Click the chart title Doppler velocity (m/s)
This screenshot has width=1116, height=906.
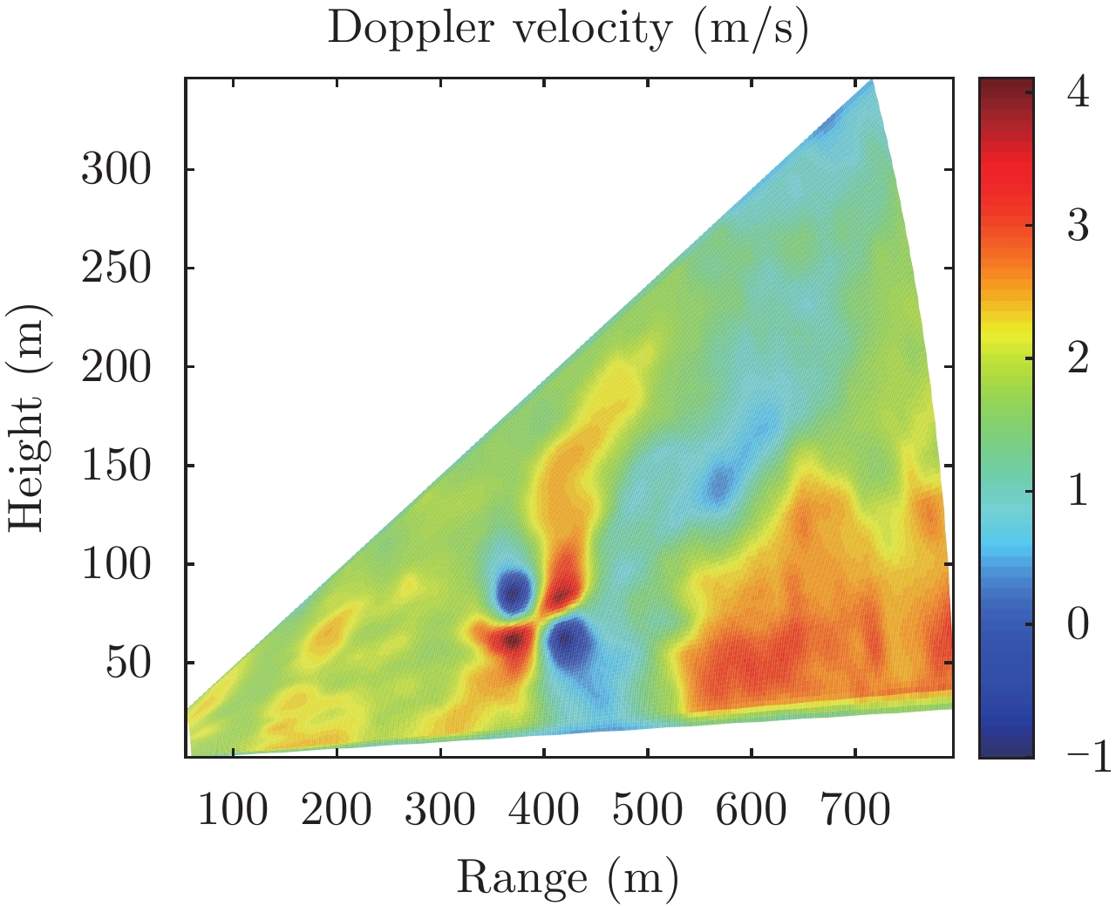click(x=568, y=29)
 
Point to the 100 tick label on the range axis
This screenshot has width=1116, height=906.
click(x=233, y=809)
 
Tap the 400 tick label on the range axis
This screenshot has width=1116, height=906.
click(x=543, y=809)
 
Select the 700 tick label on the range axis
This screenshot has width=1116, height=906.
click(x=854, y=809)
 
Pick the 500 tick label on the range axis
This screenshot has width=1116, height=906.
click(x=647, y=809)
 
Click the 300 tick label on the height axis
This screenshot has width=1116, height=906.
click(x=117, y=169)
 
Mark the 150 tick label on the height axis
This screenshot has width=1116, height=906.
click(x=117, y=466)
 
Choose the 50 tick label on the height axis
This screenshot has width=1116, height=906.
click(x=129, y=663)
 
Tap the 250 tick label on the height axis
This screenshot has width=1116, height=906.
click(x=117, y=268)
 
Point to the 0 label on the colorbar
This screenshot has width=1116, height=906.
click(x=1079, y=624)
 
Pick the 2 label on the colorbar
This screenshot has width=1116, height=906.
click(x=1079, y=358)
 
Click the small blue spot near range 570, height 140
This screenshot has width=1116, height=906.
click(x=719, y=484)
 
